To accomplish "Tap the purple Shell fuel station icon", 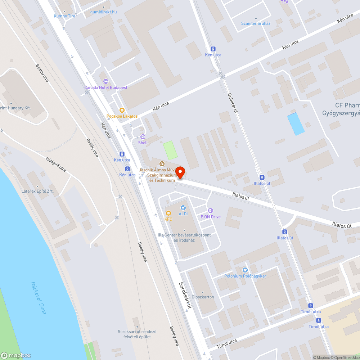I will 143,137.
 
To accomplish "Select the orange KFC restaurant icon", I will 168,213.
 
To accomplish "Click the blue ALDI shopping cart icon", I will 183,207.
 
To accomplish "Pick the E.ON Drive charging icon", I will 211,211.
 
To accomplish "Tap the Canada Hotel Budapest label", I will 105,87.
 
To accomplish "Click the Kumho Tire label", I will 64,16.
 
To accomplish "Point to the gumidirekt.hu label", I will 103,12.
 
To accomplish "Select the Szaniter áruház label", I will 256,23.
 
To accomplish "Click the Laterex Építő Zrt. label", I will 37,191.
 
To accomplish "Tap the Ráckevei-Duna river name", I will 38,298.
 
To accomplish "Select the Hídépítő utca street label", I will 56,164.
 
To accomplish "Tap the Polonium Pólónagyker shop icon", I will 246,270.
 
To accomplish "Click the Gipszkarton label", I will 203,297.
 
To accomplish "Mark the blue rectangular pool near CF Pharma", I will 296,124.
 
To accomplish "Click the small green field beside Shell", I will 170,150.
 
